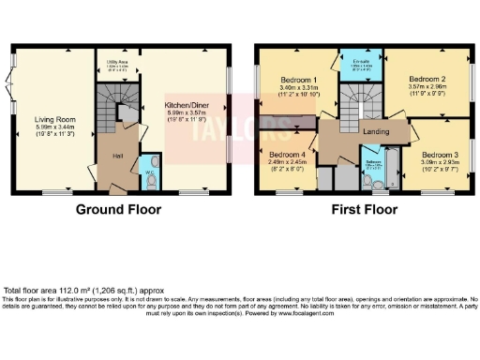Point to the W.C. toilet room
point(150,173)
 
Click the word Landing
point(376,132)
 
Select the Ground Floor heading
point(118,209)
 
